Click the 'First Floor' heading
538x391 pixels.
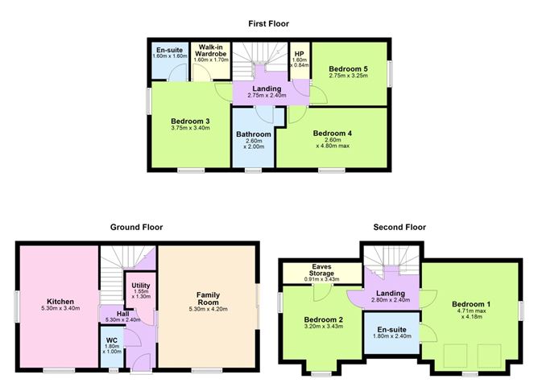268,24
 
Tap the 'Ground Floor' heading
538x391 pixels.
134,228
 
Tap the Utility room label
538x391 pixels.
140,286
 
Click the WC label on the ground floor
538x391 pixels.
112,340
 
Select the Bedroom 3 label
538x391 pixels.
190,121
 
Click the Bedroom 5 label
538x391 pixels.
348,70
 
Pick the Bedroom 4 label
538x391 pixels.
333,134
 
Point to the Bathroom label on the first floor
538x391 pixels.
253,134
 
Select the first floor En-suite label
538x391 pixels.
169,50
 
